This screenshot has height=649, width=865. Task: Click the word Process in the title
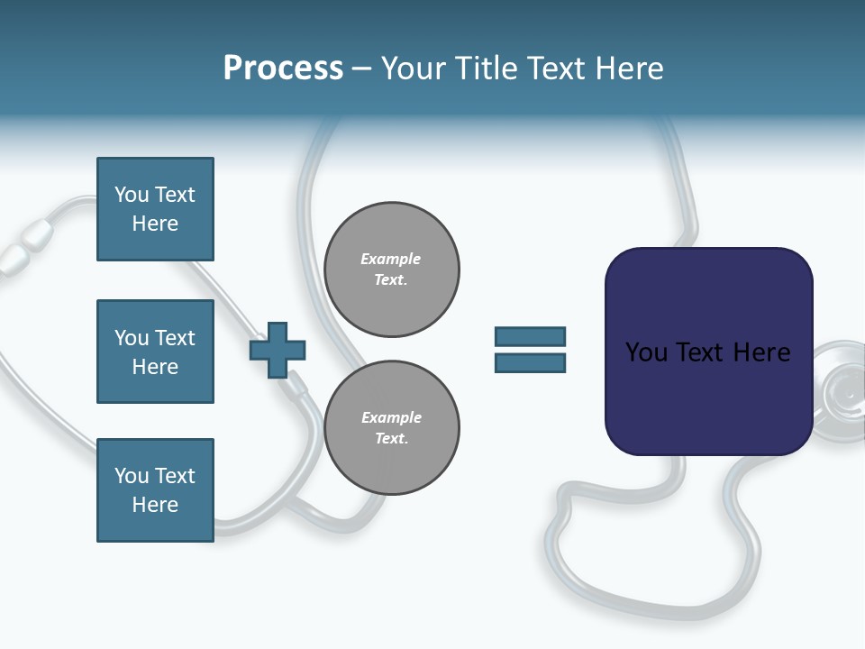click(x=283, y=69)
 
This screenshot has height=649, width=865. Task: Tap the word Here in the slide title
click(x=631, y=69)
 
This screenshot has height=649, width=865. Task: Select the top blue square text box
click(x=155, y=209)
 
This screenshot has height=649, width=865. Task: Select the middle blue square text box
click(x=155, y=352)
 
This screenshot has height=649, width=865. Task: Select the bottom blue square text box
click(x=155, y=490)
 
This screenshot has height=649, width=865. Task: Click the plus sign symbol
click(x=278, y=350)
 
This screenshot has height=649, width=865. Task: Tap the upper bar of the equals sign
click(x=530, y=336)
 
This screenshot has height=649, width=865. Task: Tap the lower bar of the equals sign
click(x=530, y=363)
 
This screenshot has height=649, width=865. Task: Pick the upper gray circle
click(x=392, y=270)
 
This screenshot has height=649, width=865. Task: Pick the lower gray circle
click(x=392, y=428)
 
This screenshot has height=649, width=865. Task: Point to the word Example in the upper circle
click(x=391, y=259)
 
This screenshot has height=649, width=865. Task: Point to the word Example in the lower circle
click(x=391, y=417)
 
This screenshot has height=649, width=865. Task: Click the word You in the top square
click(x=132, y=195)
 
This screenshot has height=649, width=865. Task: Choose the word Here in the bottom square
click(x=155, y=505)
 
